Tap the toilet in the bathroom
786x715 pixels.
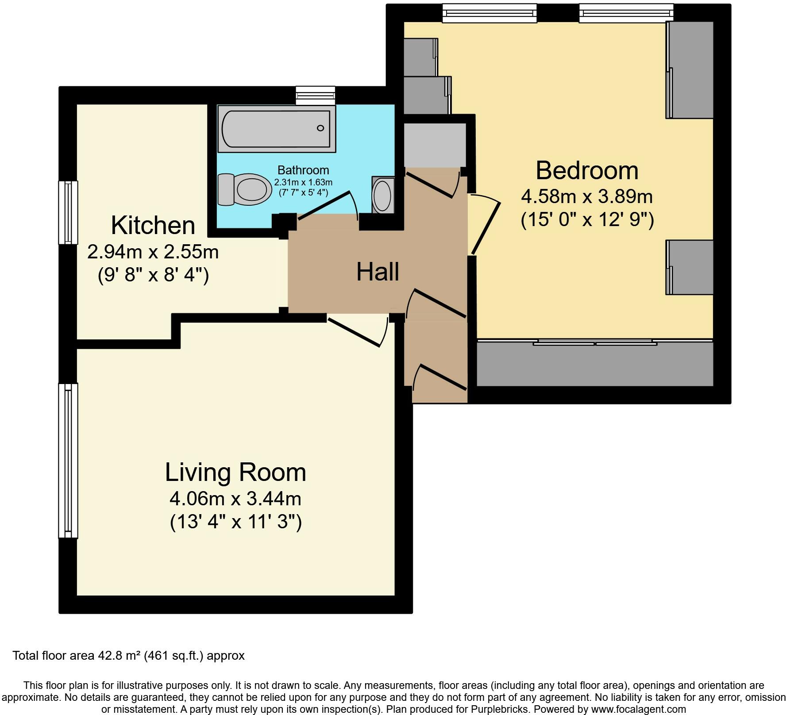[x=245, y=189]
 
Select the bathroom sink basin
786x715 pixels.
[x=382, y=195]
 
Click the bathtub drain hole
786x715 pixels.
[x=320, y=128]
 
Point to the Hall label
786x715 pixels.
[x=378, y=272]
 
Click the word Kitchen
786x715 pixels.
[x=153, y=225]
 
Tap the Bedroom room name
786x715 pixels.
[x=587, y=171]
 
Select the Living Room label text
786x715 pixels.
[x=235, y=472]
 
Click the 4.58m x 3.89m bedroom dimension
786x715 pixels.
[x=587, y=196]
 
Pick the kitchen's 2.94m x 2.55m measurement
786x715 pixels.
[x=153, y=252]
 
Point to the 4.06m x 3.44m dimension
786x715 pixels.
[x=235, y=499]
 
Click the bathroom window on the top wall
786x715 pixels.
[x=316, y=95]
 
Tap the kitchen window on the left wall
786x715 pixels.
[x=68, y=212]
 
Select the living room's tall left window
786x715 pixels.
[x=68, y=461]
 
